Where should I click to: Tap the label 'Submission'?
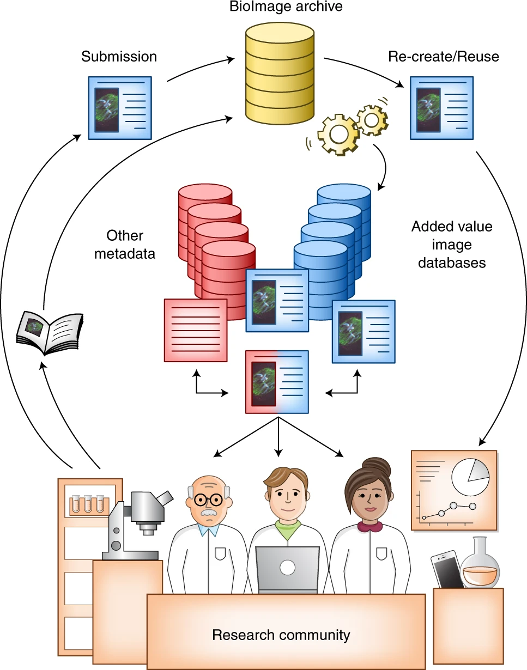click(119, 57)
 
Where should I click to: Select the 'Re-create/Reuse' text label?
click(444, 57)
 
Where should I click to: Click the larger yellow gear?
click(338, 133)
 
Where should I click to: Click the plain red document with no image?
click(196, 330)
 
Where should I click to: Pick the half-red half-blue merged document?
click(277, 382)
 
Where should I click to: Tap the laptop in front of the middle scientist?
click(287, 569)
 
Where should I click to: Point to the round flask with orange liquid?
click(480, 567)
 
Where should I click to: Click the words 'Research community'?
click(281, 635)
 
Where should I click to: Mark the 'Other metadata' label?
click(125, 245)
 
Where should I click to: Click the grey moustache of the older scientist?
click(208, 513)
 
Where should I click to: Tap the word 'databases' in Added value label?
click(451, 263)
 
